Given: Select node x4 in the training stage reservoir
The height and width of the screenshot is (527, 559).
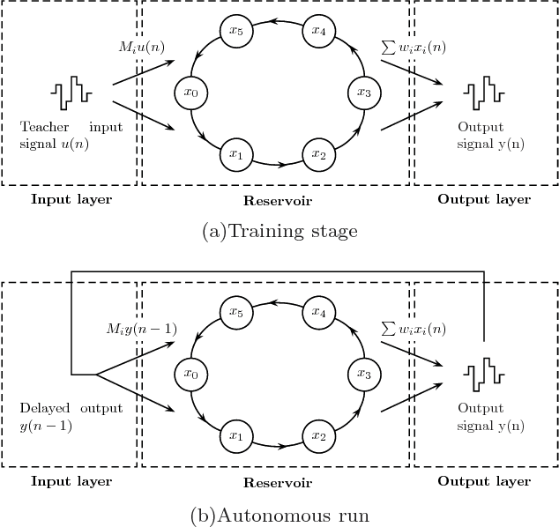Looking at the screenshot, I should click(x=317, y=32).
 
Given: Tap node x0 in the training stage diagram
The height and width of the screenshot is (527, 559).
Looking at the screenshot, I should click(x=189, y=91).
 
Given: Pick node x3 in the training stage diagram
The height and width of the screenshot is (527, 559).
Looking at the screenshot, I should click(x=361, y=91).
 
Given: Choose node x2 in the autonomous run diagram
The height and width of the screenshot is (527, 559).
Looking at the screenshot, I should click(x=317, y=435).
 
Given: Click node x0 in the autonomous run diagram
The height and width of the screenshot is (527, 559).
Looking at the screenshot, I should click(x=189, y=374).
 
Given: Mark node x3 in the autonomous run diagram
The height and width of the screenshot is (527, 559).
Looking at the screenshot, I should click(x=361, y=374).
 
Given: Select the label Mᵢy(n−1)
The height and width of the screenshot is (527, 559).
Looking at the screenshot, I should click(x=141, y=329).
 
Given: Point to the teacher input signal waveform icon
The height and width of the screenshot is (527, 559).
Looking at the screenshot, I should click(x=71, y=91).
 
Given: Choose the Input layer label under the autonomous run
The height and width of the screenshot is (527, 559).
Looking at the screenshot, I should click(x=71, y=482).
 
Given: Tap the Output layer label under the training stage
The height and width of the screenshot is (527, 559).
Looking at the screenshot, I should click(x=484, y=199).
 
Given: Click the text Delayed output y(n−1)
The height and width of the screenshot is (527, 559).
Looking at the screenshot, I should click(x=71, y=417).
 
